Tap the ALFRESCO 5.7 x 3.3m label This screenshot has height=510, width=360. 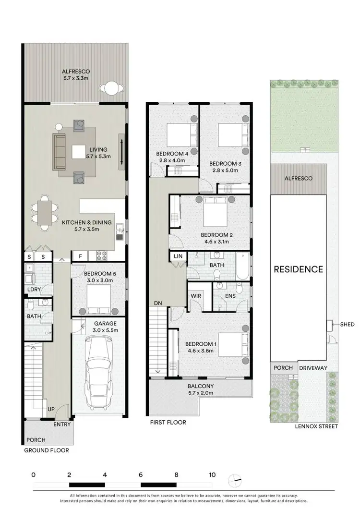76,75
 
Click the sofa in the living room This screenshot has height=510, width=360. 60,151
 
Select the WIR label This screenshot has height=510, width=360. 195,296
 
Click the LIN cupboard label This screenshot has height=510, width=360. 178,257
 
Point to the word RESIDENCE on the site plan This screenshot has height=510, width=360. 298,269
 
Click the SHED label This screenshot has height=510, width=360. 348,325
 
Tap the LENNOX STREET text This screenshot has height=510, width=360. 317,426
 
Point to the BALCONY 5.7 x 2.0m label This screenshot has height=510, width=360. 200,389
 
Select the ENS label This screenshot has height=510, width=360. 230,296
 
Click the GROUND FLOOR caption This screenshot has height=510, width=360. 46,450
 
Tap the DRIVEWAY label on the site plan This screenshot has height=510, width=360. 313,368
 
